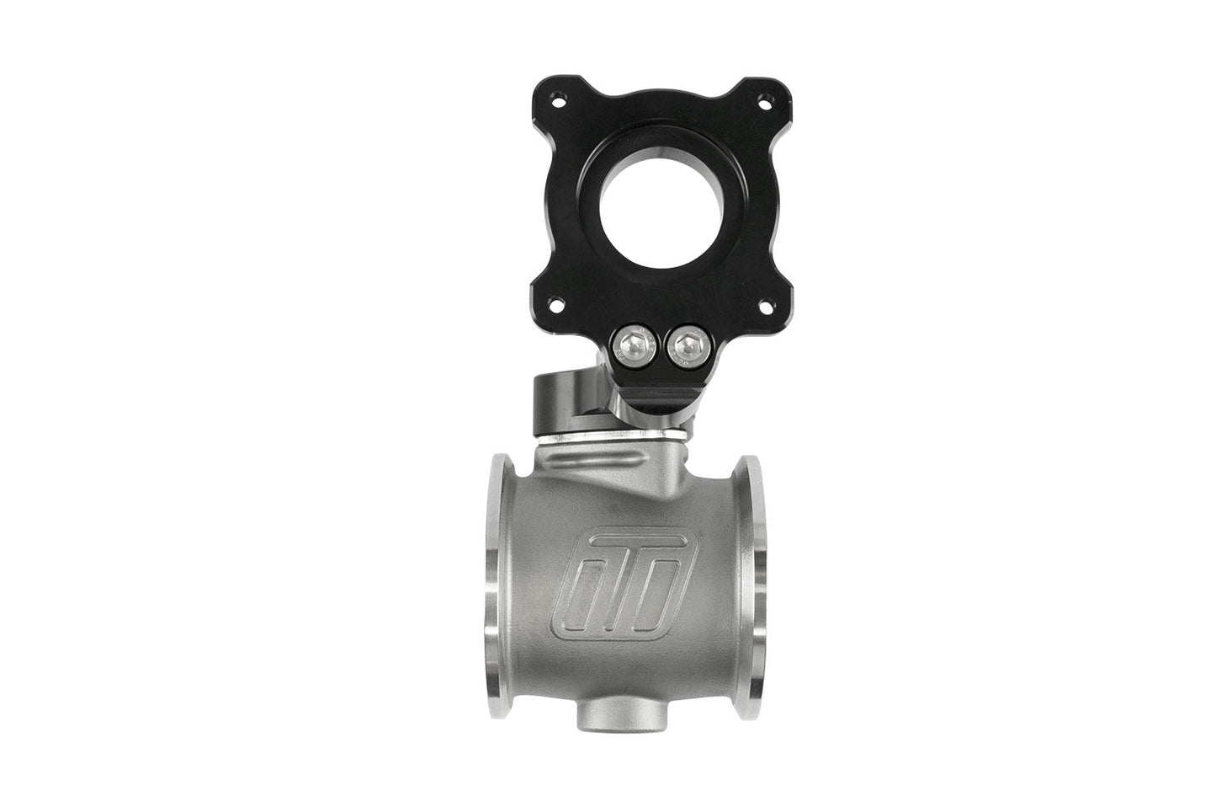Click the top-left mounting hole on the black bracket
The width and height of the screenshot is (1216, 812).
click(533, 103)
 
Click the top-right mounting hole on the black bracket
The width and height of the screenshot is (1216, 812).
click(766, 103)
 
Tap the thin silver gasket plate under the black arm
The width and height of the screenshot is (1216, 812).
click(606, 438)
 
